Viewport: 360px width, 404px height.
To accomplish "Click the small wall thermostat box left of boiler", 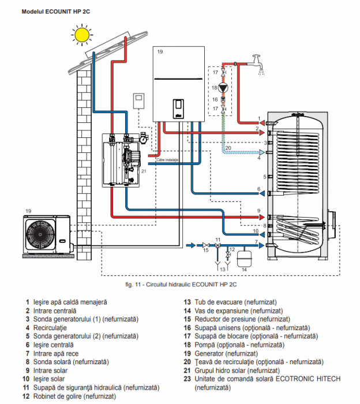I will pyautogui.click(x=138, y=100).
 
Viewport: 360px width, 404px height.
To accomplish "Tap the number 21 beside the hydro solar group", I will pyautogui.click(x=144, y=171).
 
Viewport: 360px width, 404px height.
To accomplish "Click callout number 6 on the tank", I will pyautogui.click(x=259, y=189).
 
